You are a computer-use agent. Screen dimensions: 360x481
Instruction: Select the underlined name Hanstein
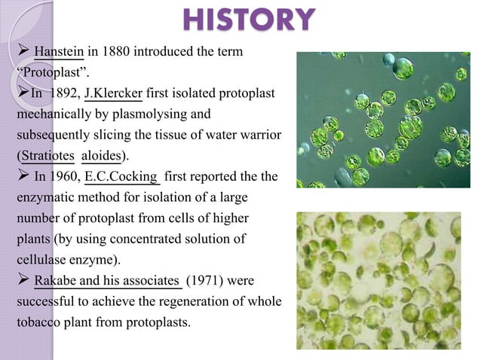60,52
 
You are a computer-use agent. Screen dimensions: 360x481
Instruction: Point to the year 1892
63,94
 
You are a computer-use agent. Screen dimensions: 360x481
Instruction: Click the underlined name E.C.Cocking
122,178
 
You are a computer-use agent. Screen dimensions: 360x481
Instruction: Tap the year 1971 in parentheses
209,282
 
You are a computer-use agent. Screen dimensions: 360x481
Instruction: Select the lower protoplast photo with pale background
378,279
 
